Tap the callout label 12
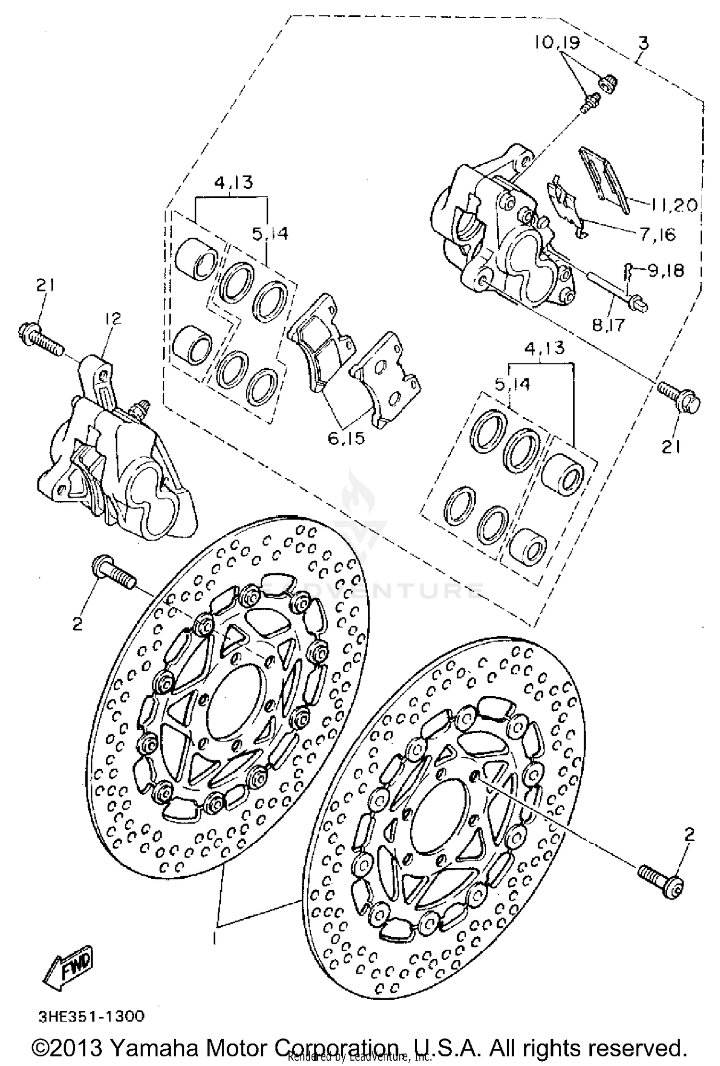pyautogui.click(x=114, y=318)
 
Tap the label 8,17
pyautogui.click(x=609, y=325)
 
